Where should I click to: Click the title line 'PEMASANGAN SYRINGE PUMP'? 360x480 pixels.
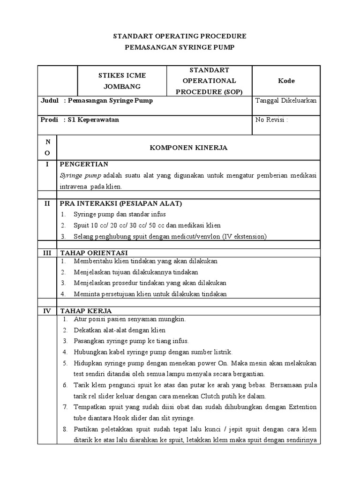click(x=180, y=47)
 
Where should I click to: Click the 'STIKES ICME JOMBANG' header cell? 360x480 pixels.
click(x=121, y=81)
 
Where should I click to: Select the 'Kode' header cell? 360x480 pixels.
click(x=286, y=81)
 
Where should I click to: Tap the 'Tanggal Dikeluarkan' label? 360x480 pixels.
click(x=286, y=101)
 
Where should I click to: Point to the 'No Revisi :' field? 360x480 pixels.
click(x=271, y=120)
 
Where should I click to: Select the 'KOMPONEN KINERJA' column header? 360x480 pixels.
click(x=188, y=148)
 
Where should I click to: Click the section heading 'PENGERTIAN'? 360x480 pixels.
click(x=84, y=164)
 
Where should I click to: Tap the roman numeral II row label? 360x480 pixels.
click(x=47, y=203)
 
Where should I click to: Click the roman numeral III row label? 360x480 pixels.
click(x=47, y=253)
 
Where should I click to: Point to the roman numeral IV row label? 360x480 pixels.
click(x=47, y=311)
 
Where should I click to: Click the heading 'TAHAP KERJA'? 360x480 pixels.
click(x=86, y=311)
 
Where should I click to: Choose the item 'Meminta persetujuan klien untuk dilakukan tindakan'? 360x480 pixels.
click(x=150, y=294)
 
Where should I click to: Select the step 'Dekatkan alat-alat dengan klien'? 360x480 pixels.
click(x=120, y=330)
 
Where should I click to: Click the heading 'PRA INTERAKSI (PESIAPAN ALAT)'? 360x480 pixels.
click(x=120, y=203)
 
